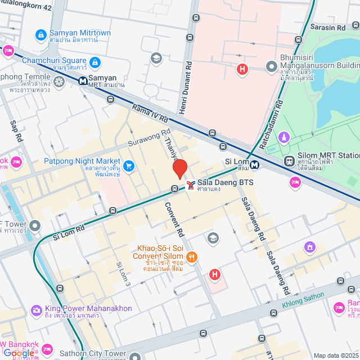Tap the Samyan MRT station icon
click(83, 80)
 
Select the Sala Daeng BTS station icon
click(191, 184)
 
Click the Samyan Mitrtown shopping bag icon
click(40, 35)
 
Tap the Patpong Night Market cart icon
click(129, 165)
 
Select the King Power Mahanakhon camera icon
click(37, 310)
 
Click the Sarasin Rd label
click(335, 27)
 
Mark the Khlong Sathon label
click(303, 300)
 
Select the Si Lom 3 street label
click(123, 274)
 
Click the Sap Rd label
click(16, 131)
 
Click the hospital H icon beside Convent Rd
click(214, 274)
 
